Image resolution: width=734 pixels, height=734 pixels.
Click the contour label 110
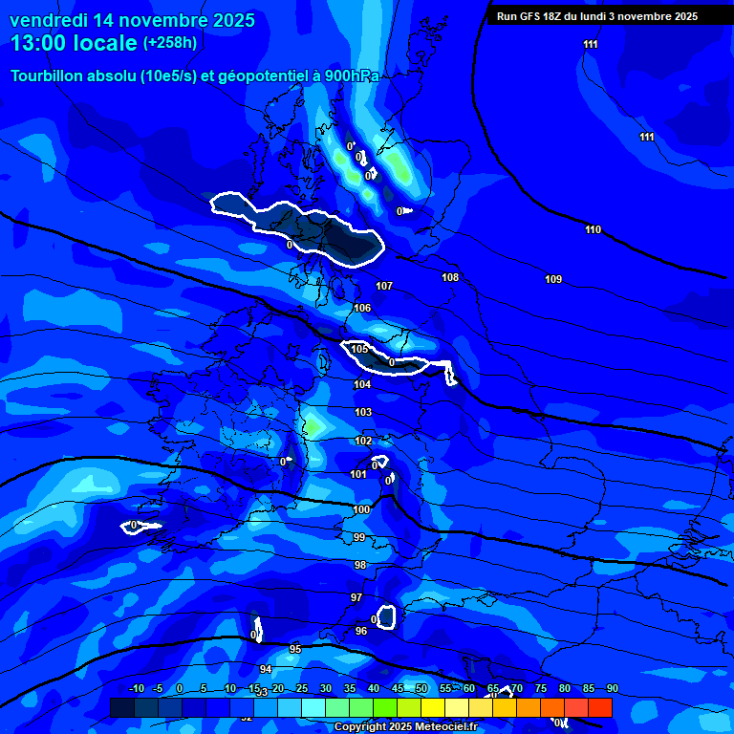pos(594,229)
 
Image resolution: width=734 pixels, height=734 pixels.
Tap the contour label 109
pos(553,279)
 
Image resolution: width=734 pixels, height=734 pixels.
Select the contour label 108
pos(451,277)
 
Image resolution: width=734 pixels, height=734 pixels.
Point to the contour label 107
pos(384,286)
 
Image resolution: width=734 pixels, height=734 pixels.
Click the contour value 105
pos(359,349)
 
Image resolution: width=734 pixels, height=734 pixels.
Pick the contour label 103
pos(363,412)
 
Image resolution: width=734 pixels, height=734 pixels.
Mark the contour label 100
pos(361,509)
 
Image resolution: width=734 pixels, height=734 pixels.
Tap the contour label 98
pos(359,565)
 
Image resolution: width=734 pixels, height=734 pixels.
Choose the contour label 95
pos(295,649)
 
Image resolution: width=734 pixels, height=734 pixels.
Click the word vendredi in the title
pos(48,20)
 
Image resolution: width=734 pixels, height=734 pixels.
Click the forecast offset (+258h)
pos(170,43)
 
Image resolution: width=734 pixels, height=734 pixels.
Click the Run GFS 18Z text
pos(534,16)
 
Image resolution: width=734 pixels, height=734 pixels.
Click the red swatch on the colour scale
pos(599,707)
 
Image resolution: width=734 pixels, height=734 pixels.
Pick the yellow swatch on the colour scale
pos(432,707)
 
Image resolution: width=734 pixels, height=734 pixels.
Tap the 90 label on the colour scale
pos(612,689)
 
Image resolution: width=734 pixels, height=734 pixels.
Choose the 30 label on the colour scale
pos(325,689)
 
